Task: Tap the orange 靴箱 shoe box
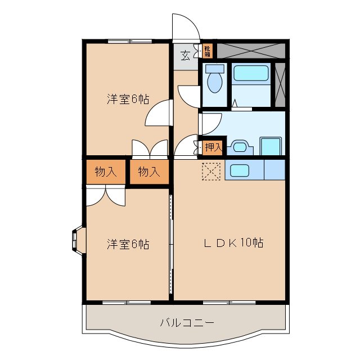tap(207, 52)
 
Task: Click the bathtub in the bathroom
tap(251, 75)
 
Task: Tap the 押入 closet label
tap(213, 147)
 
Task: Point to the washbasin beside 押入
tap(240, 148)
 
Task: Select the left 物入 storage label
tap(106, 172)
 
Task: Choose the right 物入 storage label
tap(149, 172)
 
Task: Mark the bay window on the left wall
tap(78, 239)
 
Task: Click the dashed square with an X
tap(212, 172)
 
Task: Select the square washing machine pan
tap(270, 146)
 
